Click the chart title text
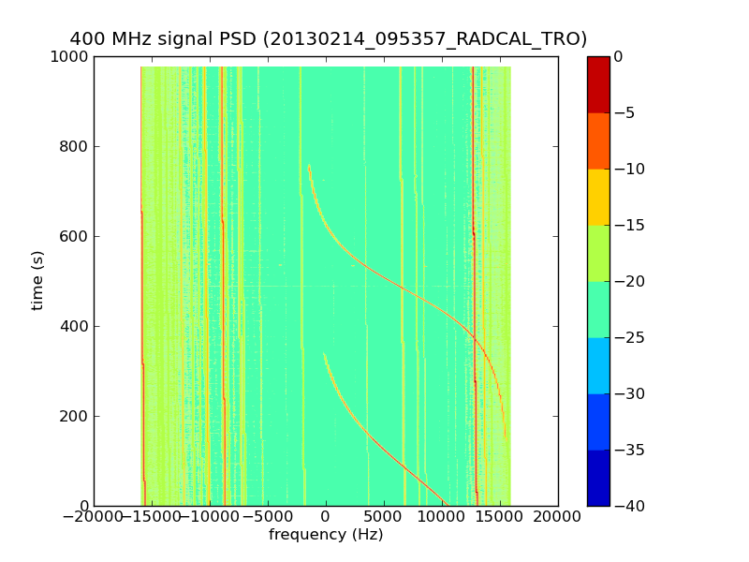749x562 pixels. point(328,38)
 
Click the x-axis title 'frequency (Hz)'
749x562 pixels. point(326,535)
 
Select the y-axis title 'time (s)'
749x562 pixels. point(37,280)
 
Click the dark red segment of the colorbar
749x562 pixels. point(598,84)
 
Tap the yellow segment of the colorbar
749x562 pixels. point(598,197)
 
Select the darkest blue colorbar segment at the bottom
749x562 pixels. point(598,478)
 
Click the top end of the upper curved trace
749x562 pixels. point(309,166)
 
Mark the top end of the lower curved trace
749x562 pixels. point(324,354)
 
